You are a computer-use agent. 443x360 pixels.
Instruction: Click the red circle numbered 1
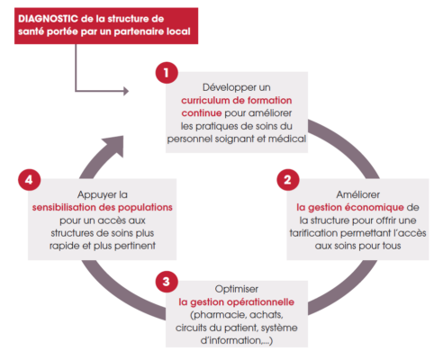167,73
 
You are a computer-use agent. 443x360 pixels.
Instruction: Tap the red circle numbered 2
288,180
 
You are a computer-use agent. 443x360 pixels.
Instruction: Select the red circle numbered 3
167,282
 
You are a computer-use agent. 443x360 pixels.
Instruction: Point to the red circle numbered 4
29,180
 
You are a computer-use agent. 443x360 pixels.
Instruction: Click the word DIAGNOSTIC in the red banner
48,19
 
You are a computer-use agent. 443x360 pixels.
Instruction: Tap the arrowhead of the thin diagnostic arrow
126,91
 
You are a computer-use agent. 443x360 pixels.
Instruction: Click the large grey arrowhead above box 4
113,146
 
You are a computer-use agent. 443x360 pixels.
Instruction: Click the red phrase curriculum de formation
237,100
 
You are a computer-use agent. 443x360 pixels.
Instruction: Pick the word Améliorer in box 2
358,194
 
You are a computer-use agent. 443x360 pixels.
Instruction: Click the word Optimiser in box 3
237,289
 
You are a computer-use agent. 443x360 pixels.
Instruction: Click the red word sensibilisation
64,207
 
